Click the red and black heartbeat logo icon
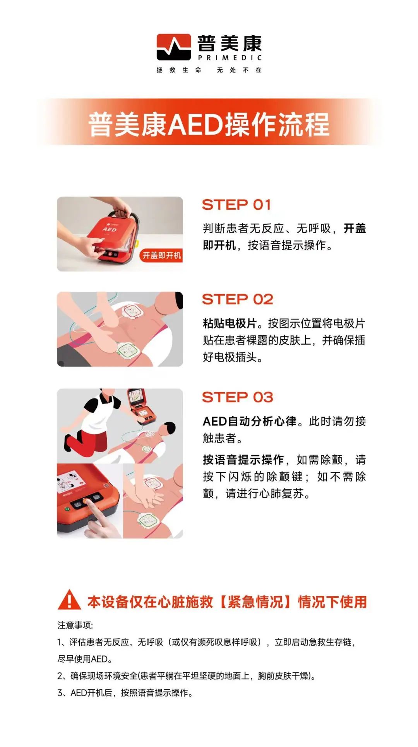174,47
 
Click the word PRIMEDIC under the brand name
230,58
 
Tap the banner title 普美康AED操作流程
209,125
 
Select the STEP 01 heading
236,205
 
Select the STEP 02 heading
238,299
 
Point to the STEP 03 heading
238,397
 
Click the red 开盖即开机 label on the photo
161,255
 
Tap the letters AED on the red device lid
110,229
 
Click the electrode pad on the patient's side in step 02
128,350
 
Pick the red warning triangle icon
69,600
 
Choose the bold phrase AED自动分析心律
250,421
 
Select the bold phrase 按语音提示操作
243,460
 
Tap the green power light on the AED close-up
67,509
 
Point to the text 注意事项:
75,625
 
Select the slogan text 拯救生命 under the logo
179,70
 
